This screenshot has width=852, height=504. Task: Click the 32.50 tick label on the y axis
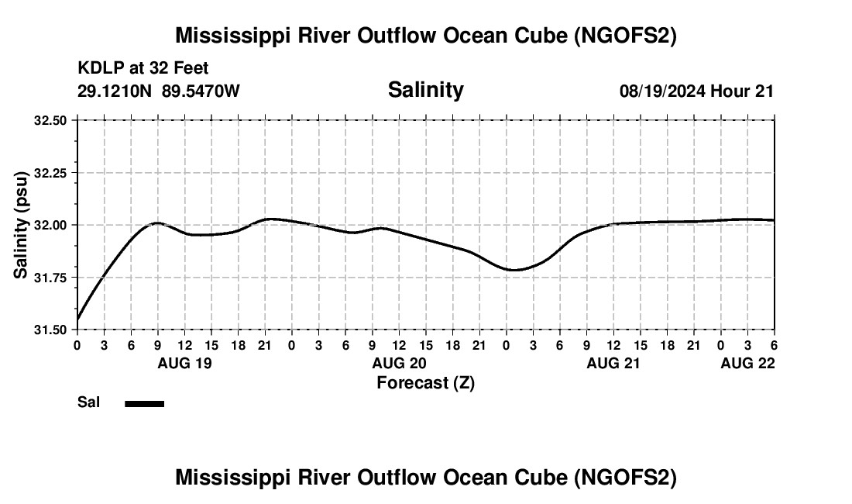click(x=51, y=120)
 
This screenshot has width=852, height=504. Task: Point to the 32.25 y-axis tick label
click(x=51, y=173)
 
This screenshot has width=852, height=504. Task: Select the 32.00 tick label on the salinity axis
click(x=51, y=225)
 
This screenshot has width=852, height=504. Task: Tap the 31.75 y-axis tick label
click(x=51, y=278)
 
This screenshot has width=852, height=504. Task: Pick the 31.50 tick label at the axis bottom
click(x=51, y=330)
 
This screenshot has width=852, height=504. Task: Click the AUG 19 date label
click(x=185, y=363)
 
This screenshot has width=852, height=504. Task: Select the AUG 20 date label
click(x=399, y=363)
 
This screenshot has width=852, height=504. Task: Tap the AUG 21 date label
click(x=613, y=363)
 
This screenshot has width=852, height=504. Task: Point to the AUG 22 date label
click(x=747, y=363)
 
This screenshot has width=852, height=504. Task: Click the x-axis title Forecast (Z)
click(x=425, y=382)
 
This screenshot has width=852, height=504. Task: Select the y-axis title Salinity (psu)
click(x=21, y=225)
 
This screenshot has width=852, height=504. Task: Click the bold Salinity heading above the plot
click(x=425, y=90)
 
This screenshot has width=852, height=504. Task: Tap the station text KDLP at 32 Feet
click(x=143, y=69)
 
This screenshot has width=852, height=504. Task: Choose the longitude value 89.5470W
click(x=201, y=91)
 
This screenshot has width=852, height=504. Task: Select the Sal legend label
click(x=88, y=402)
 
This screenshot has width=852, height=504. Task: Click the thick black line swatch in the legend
click(x=144, y=403)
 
